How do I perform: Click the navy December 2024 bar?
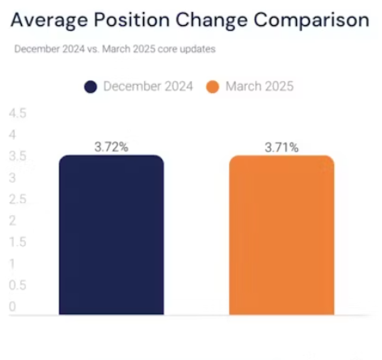[x=112, y=235]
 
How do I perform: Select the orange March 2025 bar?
[x=282, y=235]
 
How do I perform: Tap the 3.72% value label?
[x=112, y=147]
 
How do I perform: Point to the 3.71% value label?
[x=282, y=147]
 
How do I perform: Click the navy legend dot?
[x=91, y=87]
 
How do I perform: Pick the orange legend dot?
[x=213, y=87]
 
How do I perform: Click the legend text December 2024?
[x=148, y=87]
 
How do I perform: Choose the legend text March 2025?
[x=260, y=87]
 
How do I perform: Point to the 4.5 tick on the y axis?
[x=18, y=113]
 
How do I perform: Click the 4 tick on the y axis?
[x=12, y=134]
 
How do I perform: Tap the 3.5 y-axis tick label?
[x=18, y=156]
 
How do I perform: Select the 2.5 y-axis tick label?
[x=18, y=199]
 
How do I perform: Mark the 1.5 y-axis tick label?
[x=18, y=242]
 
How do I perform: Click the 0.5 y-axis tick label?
[x=18, y=285]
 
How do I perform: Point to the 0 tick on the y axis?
[x=12, y=307]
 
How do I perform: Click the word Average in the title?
[x=49, y=21]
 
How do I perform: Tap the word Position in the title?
[x=132, y=19]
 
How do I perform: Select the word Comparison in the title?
[x=312, y=21]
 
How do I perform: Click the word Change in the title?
[x=212, y=21]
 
